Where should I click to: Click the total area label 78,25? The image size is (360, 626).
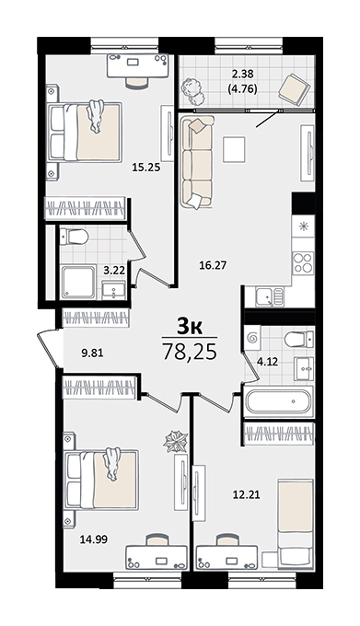190,352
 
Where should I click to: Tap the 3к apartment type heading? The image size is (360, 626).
190,327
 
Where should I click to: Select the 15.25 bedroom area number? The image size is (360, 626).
146,168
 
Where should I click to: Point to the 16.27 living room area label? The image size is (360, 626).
213,265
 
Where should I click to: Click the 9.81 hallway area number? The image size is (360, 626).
92,353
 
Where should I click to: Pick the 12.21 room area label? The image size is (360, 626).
246,495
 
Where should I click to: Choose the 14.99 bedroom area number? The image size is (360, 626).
93,539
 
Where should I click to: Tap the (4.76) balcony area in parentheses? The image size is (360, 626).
242,88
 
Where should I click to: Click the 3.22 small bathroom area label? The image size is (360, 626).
114,271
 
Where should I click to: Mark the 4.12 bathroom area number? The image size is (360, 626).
267,362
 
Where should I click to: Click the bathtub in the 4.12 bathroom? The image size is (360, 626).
278,402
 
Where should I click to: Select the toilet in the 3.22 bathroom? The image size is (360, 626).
74,237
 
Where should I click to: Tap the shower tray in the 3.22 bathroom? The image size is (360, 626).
78,282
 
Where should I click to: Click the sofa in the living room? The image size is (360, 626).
196,162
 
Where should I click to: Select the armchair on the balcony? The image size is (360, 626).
294,89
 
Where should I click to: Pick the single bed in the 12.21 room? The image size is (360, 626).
296,524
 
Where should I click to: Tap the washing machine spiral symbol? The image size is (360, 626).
252,339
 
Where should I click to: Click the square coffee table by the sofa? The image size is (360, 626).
234,149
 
